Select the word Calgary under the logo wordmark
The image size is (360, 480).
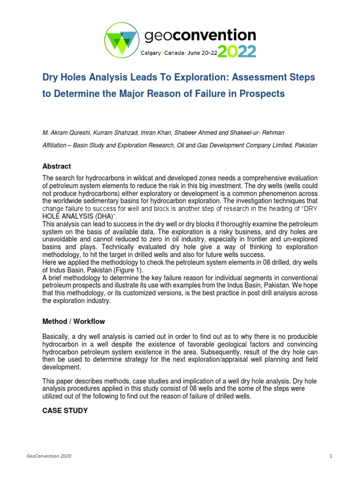click(151, 53)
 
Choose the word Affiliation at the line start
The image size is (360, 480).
click(57, 145)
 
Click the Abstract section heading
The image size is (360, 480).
click(57, 166)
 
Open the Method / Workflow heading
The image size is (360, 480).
click(74, 322)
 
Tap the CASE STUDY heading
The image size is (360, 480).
click(65, 410)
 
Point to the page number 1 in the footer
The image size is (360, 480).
click(330, 456)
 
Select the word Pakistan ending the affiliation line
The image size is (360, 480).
click(306, 145)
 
